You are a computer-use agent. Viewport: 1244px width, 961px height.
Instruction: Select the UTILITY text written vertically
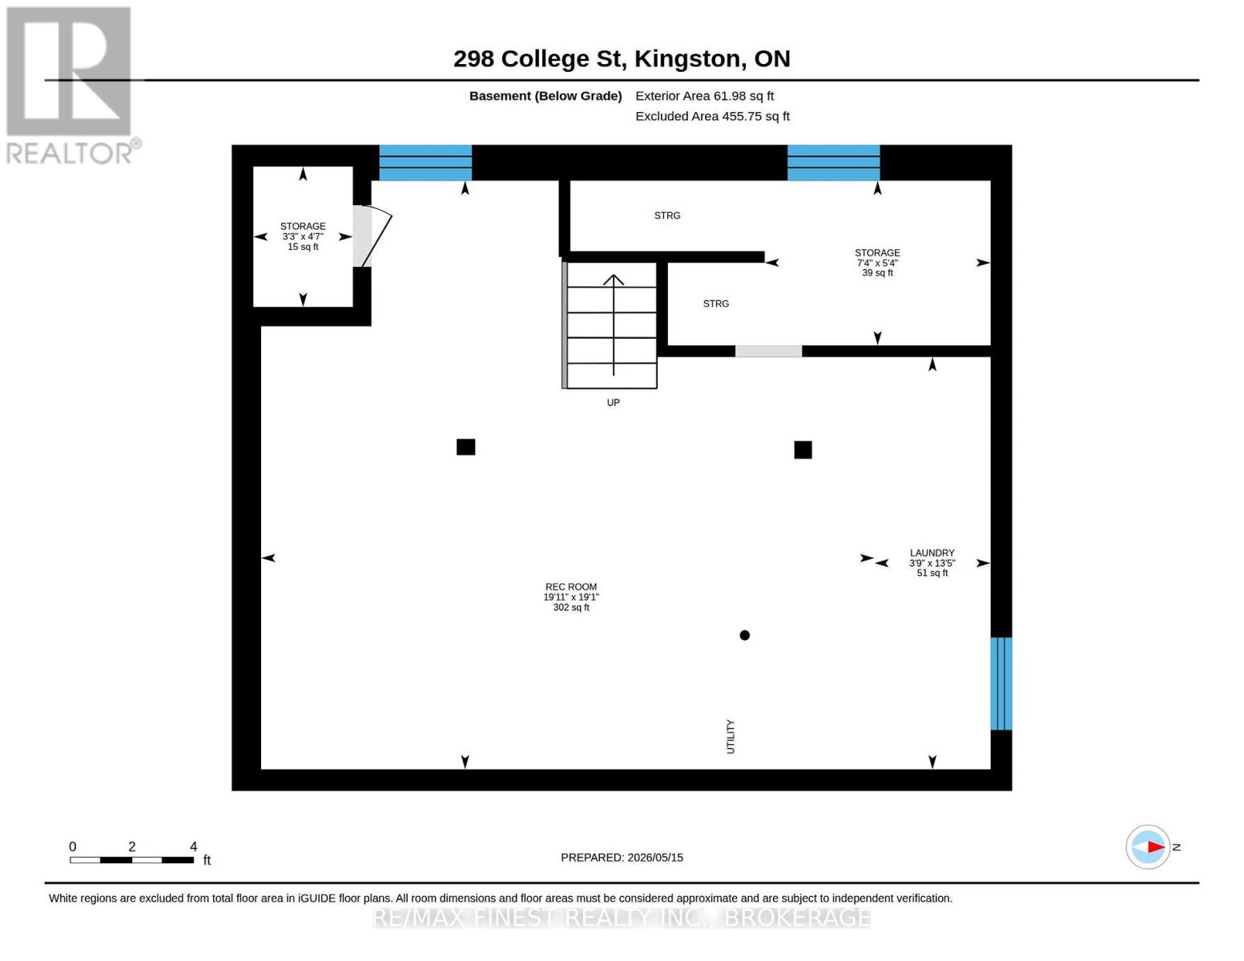click(x=730, y=737)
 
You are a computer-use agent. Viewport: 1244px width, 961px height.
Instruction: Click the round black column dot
click(x=744, y=635)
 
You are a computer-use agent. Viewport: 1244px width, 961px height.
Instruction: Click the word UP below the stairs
click(x=613, y=402)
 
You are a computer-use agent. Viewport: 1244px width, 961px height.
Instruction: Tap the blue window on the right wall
click(x=1000, y=683)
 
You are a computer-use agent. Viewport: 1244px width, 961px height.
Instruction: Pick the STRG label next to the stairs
click(x=715, y=304)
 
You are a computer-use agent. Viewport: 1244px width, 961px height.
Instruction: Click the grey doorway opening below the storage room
click(x=768, y=351)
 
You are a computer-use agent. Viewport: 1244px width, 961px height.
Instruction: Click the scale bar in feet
click(x=131, y=859)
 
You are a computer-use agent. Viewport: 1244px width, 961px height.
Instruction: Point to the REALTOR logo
click(x=71, y=85)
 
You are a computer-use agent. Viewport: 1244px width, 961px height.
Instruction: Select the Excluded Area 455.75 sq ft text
click(x=712, y=116)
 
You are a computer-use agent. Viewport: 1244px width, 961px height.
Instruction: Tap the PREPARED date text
click(x=622, y=858)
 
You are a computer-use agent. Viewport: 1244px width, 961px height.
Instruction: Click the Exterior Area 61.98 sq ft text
click(x=704, y=96)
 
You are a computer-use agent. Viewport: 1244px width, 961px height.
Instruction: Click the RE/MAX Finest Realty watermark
click(x=622, y=917)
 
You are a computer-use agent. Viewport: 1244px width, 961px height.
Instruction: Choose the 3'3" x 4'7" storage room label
click(x=303, y=236)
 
